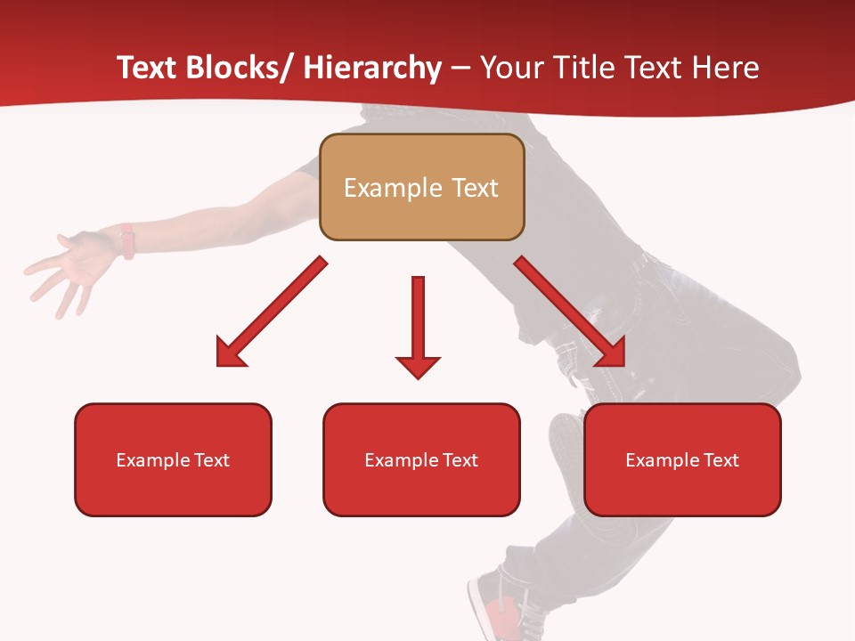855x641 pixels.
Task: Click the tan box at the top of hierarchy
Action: [x=421, y=187]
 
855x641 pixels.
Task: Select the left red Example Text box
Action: [x=173, y=459]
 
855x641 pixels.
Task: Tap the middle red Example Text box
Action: [x=421, y=459]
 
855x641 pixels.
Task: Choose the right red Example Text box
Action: [x=682, y=459]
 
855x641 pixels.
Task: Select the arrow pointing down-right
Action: [x=570, y=312]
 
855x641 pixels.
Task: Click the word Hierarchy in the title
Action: [x=372, y=68]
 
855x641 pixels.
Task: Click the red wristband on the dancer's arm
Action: [x=127, y=241]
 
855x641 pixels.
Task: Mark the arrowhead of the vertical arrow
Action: [x=418, y=366]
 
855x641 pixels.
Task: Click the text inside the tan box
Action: [x=421, y=188]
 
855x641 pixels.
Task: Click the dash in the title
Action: [x=460, y=69]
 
